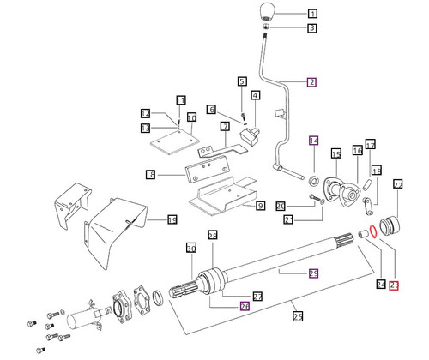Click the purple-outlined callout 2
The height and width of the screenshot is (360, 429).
[311, 82]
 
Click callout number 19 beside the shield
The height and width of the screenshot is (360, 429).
[172, 220]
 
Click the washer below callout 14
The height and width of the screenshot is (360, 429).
[313, 181]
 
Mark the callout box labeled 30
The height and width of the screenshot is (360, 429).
[191, 249]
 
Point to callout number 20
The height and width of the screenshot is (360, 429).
[280, 206]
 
